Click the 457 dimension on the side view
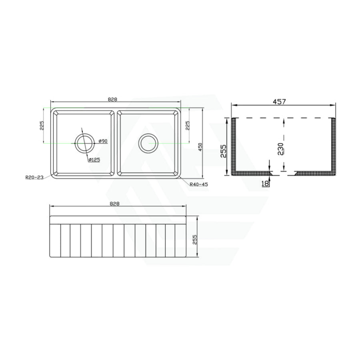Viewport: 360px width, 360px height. tap(280, 102)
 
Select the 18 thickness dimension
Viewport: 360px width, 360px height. tap(265, 183)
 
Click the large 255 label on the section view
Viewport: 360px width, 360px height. tap(224, 152)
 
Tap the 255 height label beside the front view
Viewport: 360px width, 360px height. tap(195, 239)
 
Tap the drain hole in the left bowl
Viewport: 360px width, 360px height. tap(84, 142)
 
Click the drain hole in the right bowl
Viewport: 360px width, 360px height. tap(148, 142)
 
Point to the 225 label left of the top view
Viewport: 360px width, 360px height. tap(41, 126)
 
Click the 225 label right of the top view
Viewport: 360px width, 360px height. tap(188, 126)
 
